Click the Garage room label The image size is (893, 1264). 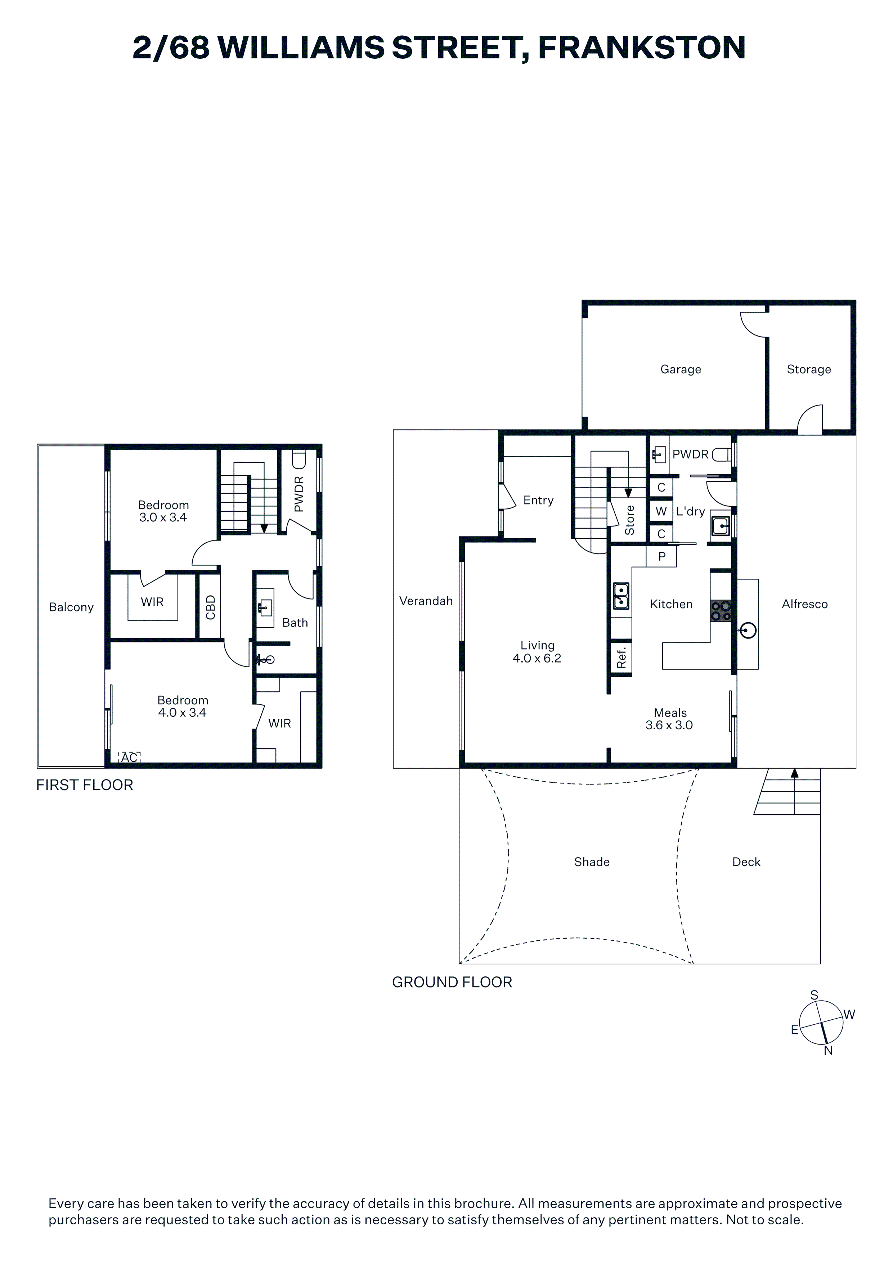click(x=681, y=369)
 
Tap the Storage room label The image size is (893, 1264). click(x=809, y=369)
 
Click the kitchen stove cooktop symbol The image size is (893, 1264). click(x=721, y=610)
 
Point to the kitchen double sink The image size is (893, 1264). click(x=621, y=596)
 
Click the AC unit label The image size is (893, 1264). click(x=129, y=758)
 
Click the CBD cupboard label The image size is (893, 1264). click(x=210, y=607)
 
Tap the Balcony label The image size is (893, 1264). click(x=71, y=607)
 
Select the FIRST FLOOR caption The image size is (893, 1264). click(x=85, y=785)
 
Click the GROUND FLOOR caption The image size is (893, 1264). click(x=452, y=982)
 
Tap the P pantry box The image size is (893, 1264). click(x=661, y=557)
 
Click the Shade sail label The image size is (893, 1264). click(x=592, y=862)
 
